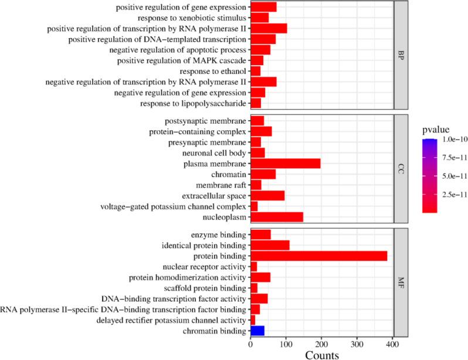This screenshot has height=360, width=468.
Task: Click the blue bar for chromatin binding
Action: [257, 331]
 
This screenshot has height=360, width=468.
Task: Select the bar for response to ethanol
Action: [255, 71]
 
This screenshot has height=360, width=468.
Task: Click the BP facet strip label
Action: [401, 55]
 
